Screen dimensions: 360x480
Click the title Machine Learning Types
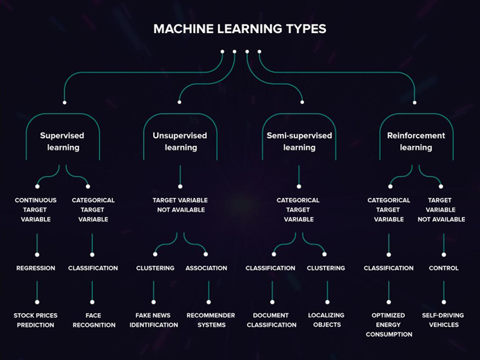[x=239, y=29]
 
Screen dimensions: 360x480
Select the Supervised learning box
[x=62, y=142]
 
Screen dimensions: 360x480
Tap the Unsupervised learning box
[x=180, y=142]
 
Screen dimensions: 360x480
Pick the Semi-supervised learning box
[x=299, y=142]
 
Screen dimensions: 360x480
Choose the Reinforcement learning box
[x=416, y=142]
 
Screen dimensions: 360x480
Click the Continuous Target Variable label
[x=37, y=210]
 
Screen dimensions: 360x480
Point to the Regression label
[x=36, y=268]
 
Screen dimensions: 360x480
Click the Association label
[x=206, y=268]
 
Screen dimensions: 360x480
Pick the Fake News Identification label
[x=154, y=320]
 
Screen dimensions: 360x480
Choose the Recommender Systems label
[x=211, y=320]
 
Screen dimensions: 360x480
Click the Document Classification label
[x=271, y=320]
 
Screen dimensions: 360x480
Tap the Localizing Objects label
[x=327, y=320]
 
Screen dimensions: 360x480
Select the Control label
[x=444, y=268]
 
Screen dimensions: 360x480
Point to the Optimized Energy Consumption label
[x=389, y=325]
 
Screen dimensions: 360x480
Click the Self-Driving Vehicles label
[x=444, y=320]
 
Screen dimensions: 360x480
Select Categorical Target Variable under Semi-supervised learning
[x=299, y=210]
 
